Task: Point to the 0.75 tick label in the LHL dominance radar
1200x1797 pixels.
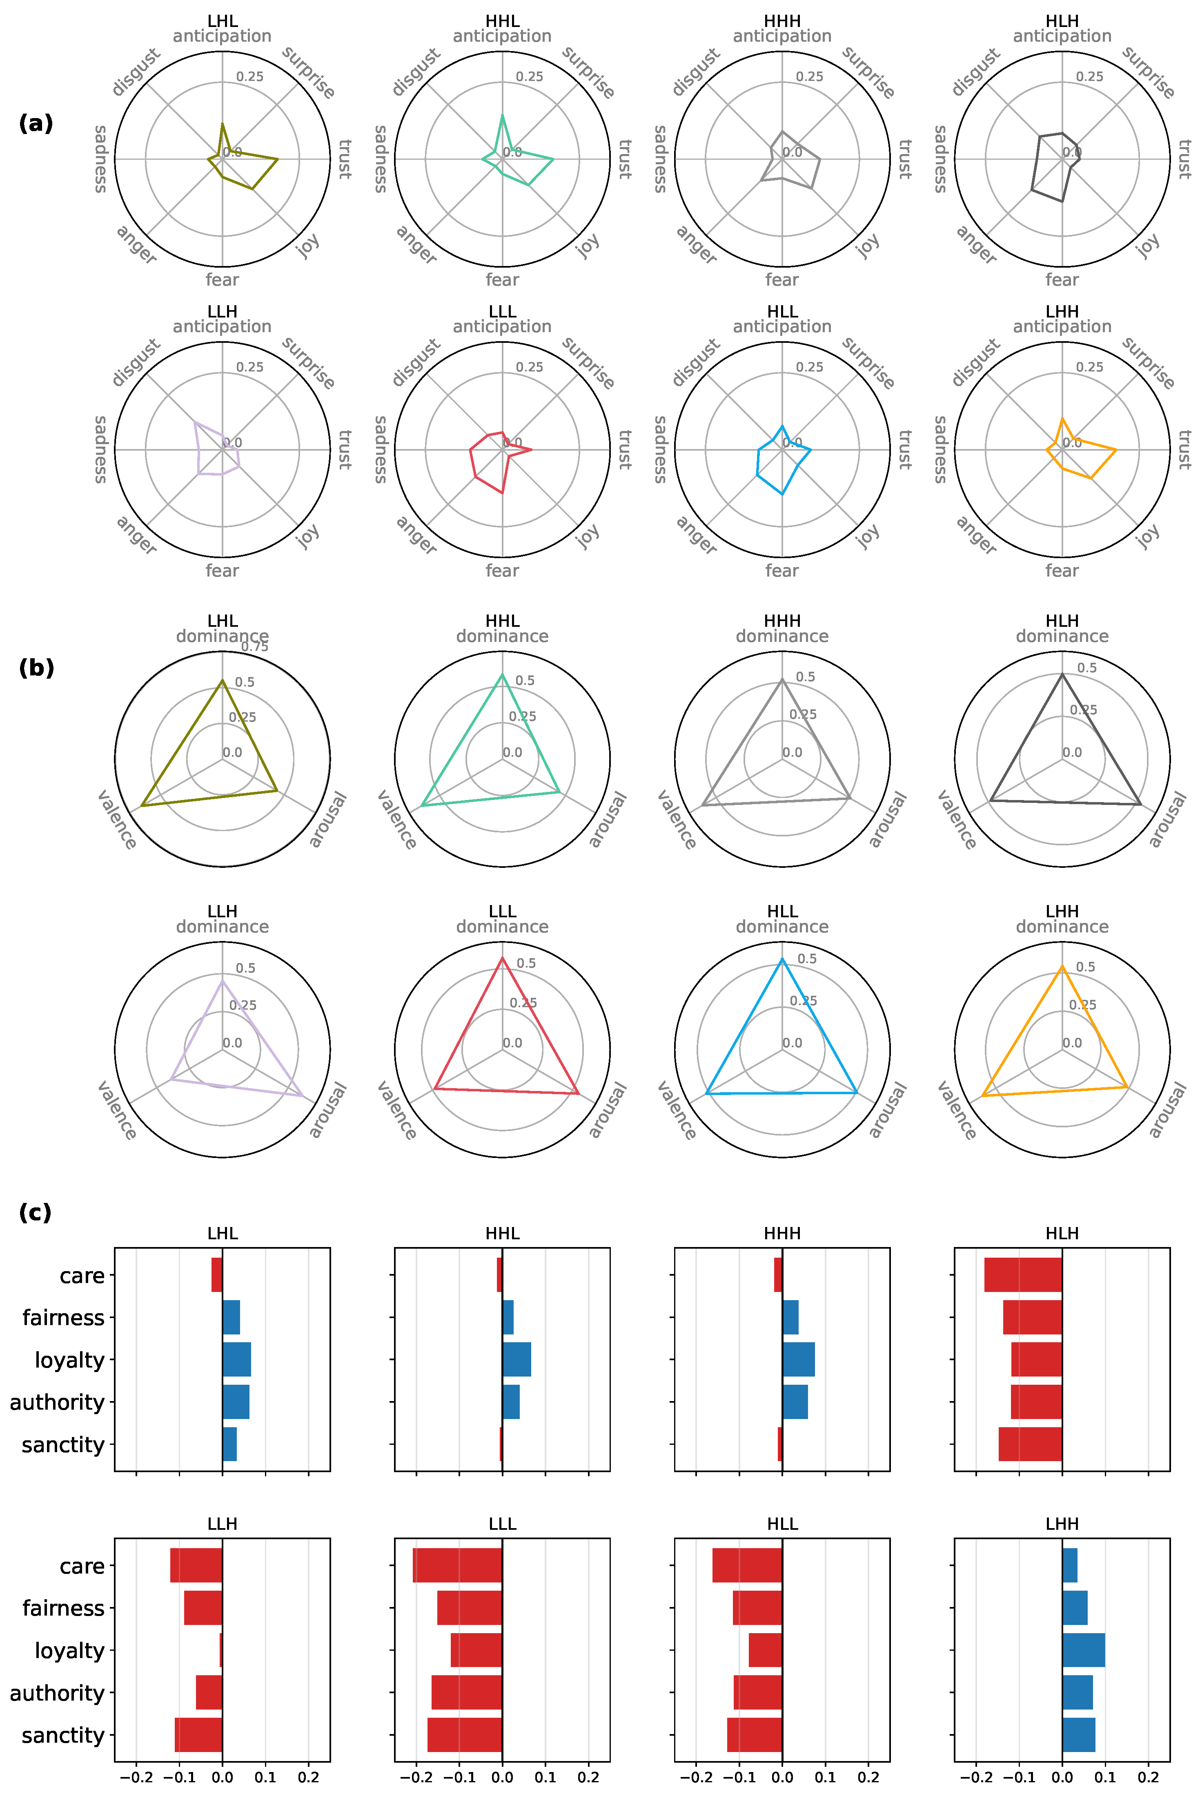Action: [x=255, y=647]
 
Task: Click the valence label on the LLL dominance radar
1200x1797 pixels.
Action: [x=396, y=1111]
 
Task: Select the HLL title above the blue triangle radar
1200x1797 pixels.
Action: [x=782, y=911]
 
